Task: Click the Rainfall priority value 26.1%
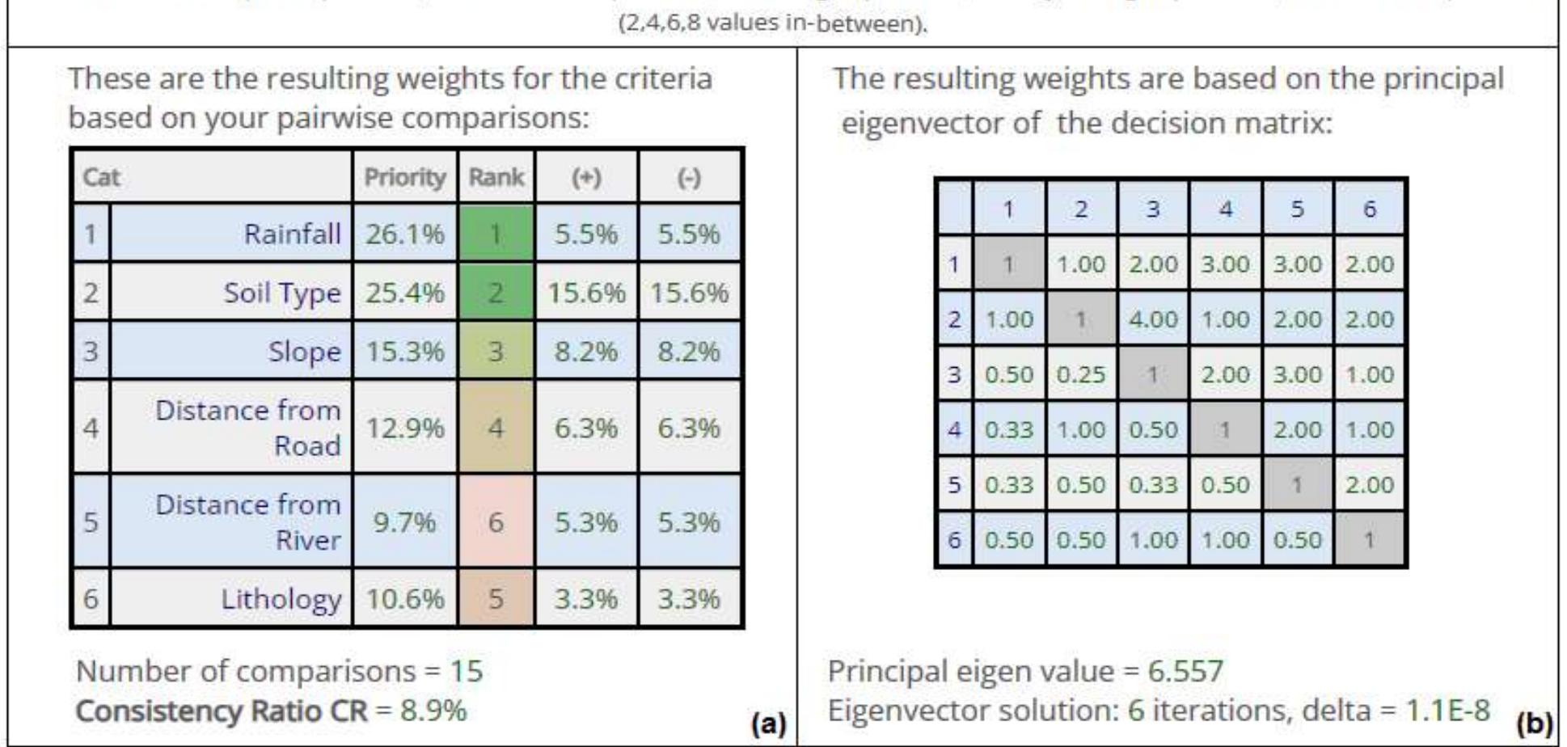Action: click(x=404, y=234)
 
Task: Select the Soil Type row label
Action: click(x=281, y=293)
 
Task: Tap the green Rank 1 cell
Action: click(x=496, y=234)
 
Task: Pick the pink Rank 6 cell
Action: click(x=496, y=522)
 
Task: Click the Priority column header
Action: click(x=404, y=177)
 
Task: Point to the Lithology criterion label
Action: click(x=281, y=599)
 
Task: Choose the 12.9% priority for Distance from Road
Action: click(x=404, y=428)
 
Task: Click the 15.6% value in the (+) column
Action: click(x=586, y=293)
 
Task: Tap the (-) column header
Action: click(x=689, y=177)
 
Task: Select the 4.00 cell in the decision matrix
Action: click(x=1152, y=319)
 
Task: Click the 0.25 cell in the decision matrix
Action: click(x=1080, y=375)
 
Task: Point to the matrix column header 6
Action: click(x=1369, y=209)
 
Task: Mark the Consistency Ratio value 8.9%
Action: click(x=433, y=711)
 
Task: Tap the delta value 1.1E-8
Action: click(x=1447, y=711)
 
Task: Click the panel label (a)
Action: click(x=767, y=722)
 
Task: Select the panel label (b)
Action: click(x=1534, y=722)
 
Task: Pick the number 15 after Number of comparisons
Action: click(x=467, y=671)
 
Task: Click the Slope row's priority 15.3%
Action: click(x=404, y=352)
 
